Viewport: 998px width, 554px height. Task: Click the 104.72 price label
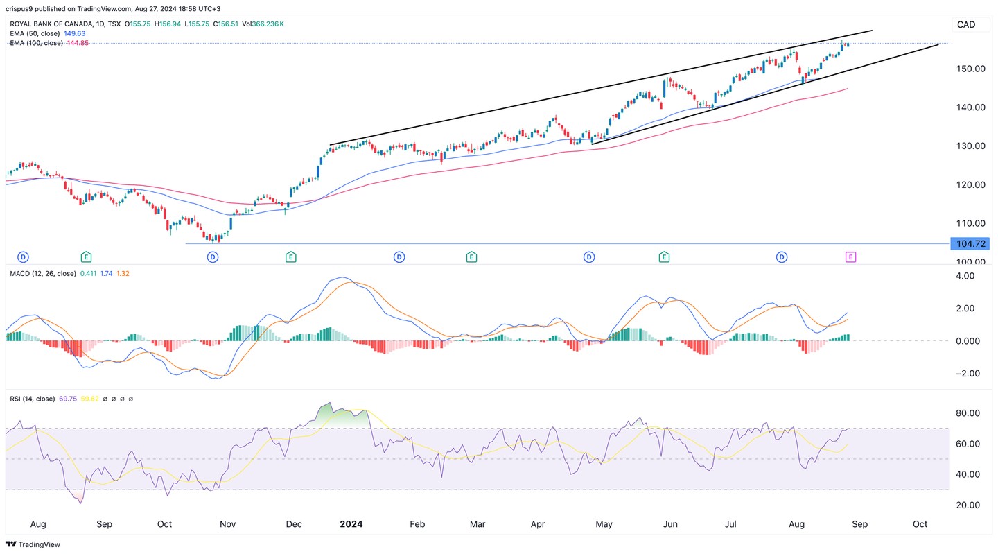(x=970, y=243)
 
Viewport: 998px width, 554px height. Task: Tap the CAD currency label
(x=965, y=25)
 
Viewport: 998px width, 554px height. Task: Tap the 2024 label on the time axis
(x=351, y=525)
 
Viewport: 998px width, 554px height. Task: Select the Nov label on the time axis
(x=228, y=525)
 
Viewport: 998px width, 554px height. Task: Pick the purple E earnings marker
(x=850, y=257)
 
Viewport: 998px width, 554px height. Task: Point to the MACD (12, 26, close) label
(x=42, y=274)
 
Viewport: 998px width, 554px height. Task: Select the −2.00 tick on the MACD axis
(x=965, y=373)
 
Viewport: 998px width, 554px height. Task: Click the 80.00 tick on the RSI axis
(x=965, y=413)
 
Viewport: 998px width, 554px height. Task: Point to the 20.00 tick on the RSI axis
(x=965, y=505)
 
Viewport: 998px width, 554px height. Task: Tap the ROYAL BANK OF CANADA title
(x=49, y=24)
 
